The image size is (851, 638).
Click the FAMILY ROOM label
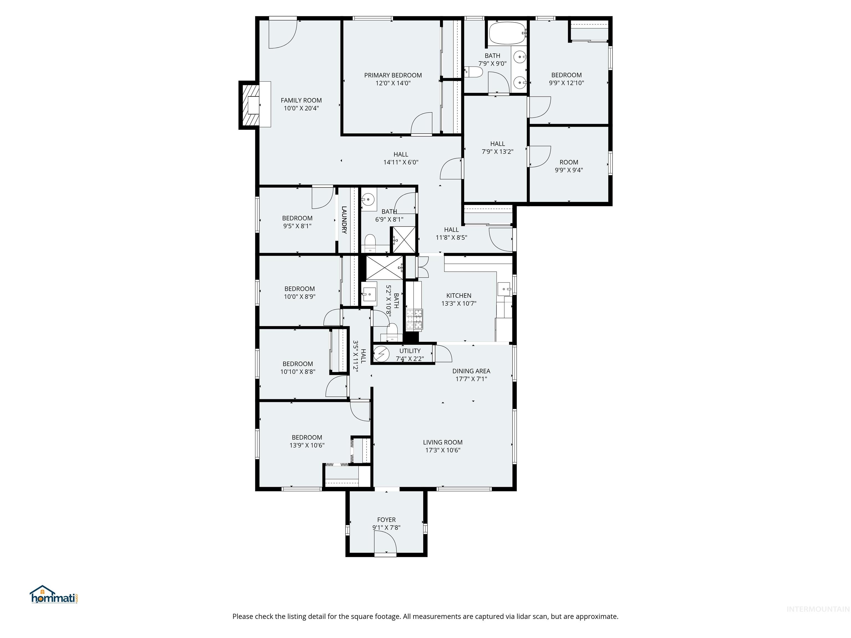301,100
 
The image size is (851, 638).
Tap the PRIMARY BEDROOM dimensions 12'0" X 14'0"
393,83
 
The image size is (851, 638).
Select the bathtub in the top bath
507,33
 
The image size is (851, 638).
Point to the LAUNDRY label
344,220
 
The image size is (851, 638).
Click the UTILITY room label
410,351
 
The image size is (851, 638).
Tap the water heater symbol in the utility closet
382,354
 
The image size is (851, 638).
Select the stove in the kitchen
414,320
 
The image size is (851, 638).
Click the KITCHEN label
458,295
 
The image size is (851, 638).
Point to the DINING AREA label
471,371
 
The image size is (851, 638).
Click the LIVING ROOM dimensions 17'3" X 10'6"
442,450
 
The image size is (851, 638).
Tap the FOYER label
386,519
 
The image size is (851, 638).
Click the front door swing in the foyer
386,543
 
